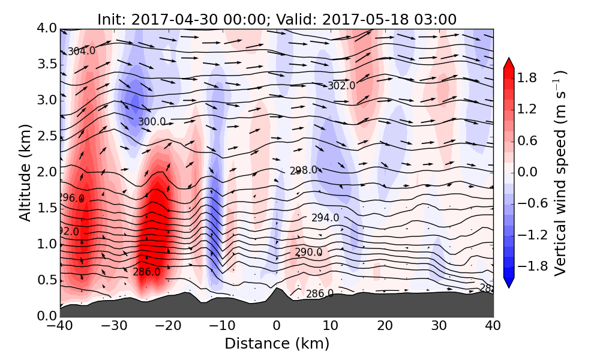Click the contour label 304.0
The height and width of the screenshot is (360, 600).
81,52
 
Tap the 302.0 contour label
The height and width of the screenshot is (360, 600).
341,86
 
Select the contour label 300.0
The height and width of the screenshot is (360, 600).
152,122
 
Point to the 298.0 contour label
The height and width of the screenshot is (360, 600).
304,170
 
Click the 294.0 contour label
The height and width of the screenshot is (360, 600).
325,218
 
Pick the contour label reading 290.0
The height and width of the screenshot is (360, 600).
308,253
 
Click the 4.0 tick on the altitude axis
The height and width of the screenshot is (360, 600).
46,28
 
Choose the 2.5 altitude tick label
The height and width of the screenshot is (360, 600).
46,136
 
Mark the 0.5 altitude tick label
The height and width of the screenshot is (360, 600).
46,280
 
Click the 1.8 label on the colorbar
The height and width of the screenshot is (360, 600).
527,77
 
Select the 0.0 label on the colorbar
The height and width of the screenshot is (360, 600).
527,172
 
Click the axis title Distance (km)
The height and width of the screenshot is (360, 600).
277,344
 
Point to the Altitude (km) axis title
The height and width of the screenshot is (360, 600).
25,172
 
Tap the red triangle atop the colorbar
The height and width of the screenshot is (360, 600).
508,64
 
